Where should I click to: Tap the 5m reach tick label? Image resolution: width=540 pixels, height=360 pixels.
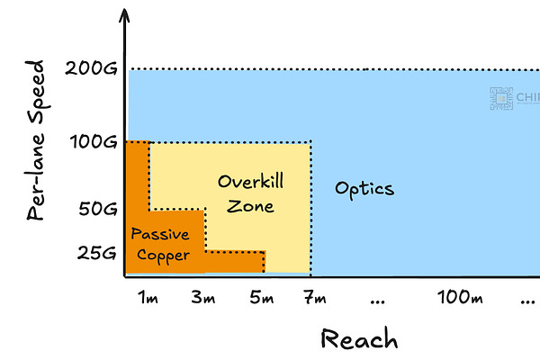(x=262, y=297)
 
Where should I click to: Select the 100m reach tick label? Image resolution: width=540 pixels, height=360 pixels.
(x=457, y=297)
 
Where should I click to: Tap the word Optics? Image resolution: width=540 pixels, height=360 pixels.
(x=364, y=189)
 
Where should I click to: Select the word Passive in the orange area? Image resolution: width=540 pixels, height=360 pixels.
(x=160, y=234)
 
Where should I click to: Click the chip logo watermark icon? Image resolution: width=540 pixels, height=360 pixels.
(x=499, y=98)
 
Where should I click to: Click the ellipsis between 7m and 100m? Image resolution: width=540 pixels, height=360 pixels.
(x=379, y=299)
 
